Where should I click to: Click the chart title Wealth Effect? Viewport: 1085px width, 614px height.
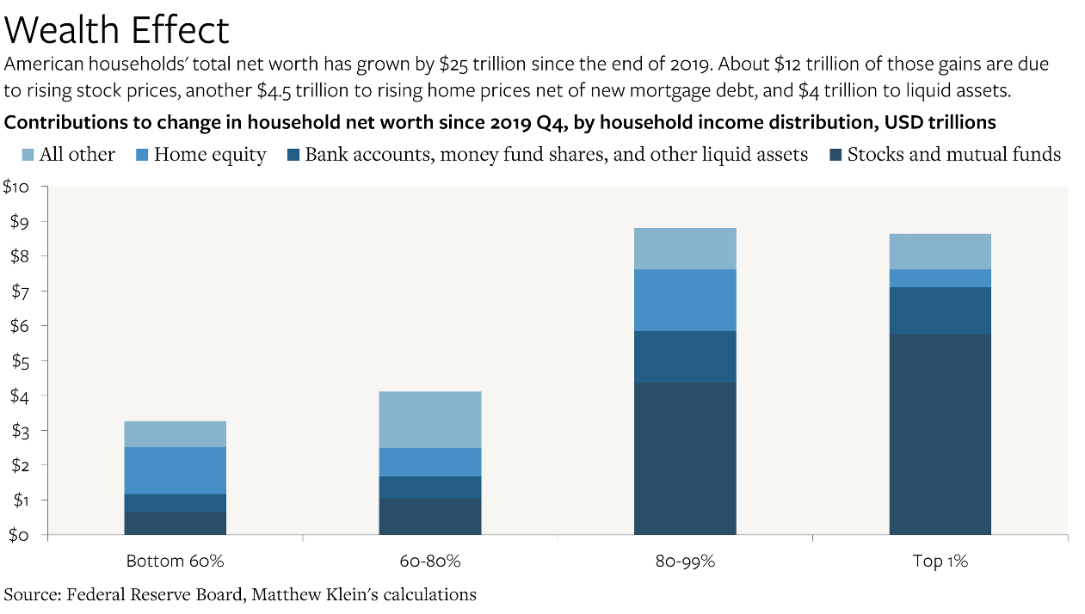click(116, 30)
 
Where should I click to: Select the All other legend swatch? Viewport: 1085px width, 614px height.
click(28, 155)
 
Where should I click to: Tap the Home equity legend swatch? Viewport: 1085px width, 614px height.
click(142, 155)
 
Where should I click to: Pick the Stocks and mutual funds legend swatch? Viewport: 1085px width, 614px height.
click(835, 155)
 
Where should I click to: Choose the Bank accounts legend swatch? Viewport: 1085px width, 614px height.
click(293, 155)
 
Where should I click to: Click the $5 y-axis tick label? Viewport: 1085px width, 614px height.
click(21, 361)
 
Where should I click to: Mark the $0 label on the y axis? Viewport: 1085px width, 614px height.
click(19, 535)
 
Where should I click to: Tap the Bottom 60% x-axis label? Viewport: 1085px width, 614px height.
click(175, 562)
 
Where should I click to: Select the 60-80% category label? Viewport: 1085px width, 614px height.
click(430, 562)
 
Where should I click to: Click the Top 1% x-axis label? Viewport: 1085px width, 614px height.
click(940, 562)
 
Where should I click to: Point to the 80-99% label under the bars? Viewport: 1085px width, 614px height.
click(685, 562)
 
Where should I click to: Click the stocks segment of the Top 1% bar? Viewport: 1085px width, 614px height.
click(940, 434)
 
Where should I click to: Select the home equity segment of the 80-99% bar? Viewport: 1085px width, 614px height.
click(685, 300)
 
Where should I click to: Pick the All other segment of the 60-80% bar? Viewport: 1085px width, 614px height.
click(430, 420)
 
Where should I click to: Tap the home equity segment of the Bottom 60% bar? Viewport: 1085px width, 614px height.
click(175, 470)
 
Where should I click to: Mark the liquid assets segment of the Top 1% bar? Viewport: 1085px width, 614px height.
click(940, 311)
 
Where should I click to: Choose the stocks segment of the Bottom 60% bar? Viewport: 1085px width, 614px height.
click(175, 524)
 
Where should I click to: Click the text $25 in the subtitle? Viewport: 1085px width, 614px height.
click(453, 64)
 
